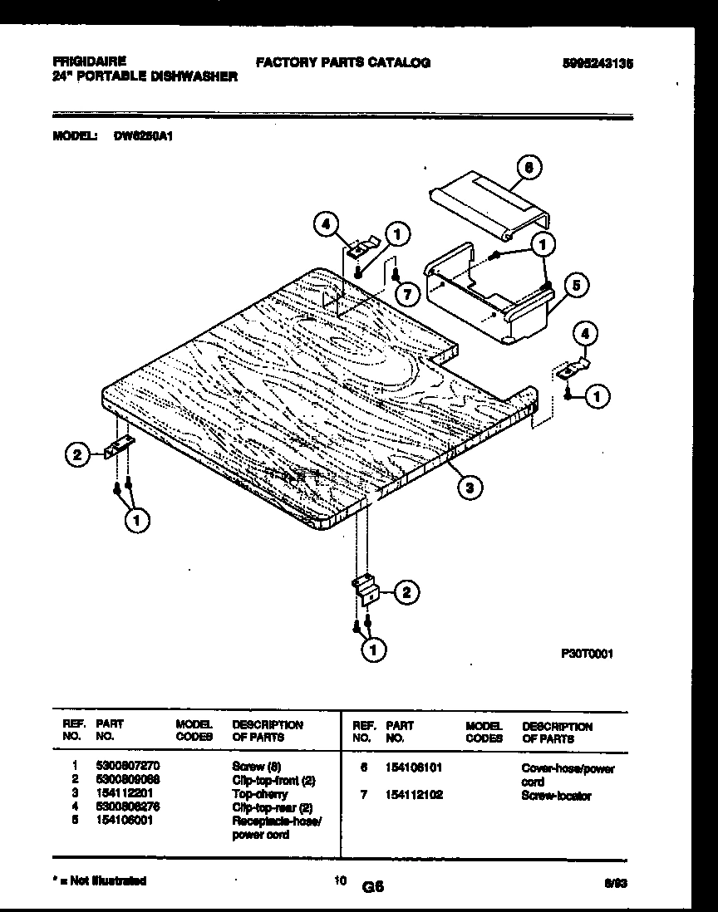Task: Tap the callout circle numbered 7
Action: point(405,293)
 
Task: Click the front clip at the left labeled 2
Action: point(119,449)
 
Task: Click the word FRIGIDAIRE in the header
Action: point(89,61)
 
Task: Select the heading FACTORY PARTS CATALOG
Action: point(342,62)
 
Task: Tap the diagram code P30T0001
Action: point(588,654)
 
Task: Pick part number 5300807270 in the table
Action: point(127,766)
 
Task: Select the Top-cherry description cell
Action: point(259,793)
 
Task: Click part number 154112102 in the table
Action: point(415,795)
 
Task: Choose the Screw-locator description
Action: point(556,796)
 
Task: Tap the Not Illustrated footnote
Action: point(99,880)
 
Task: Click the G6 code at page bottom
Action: point(372,886)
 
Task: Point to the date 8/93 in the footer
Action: point(614,885)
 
